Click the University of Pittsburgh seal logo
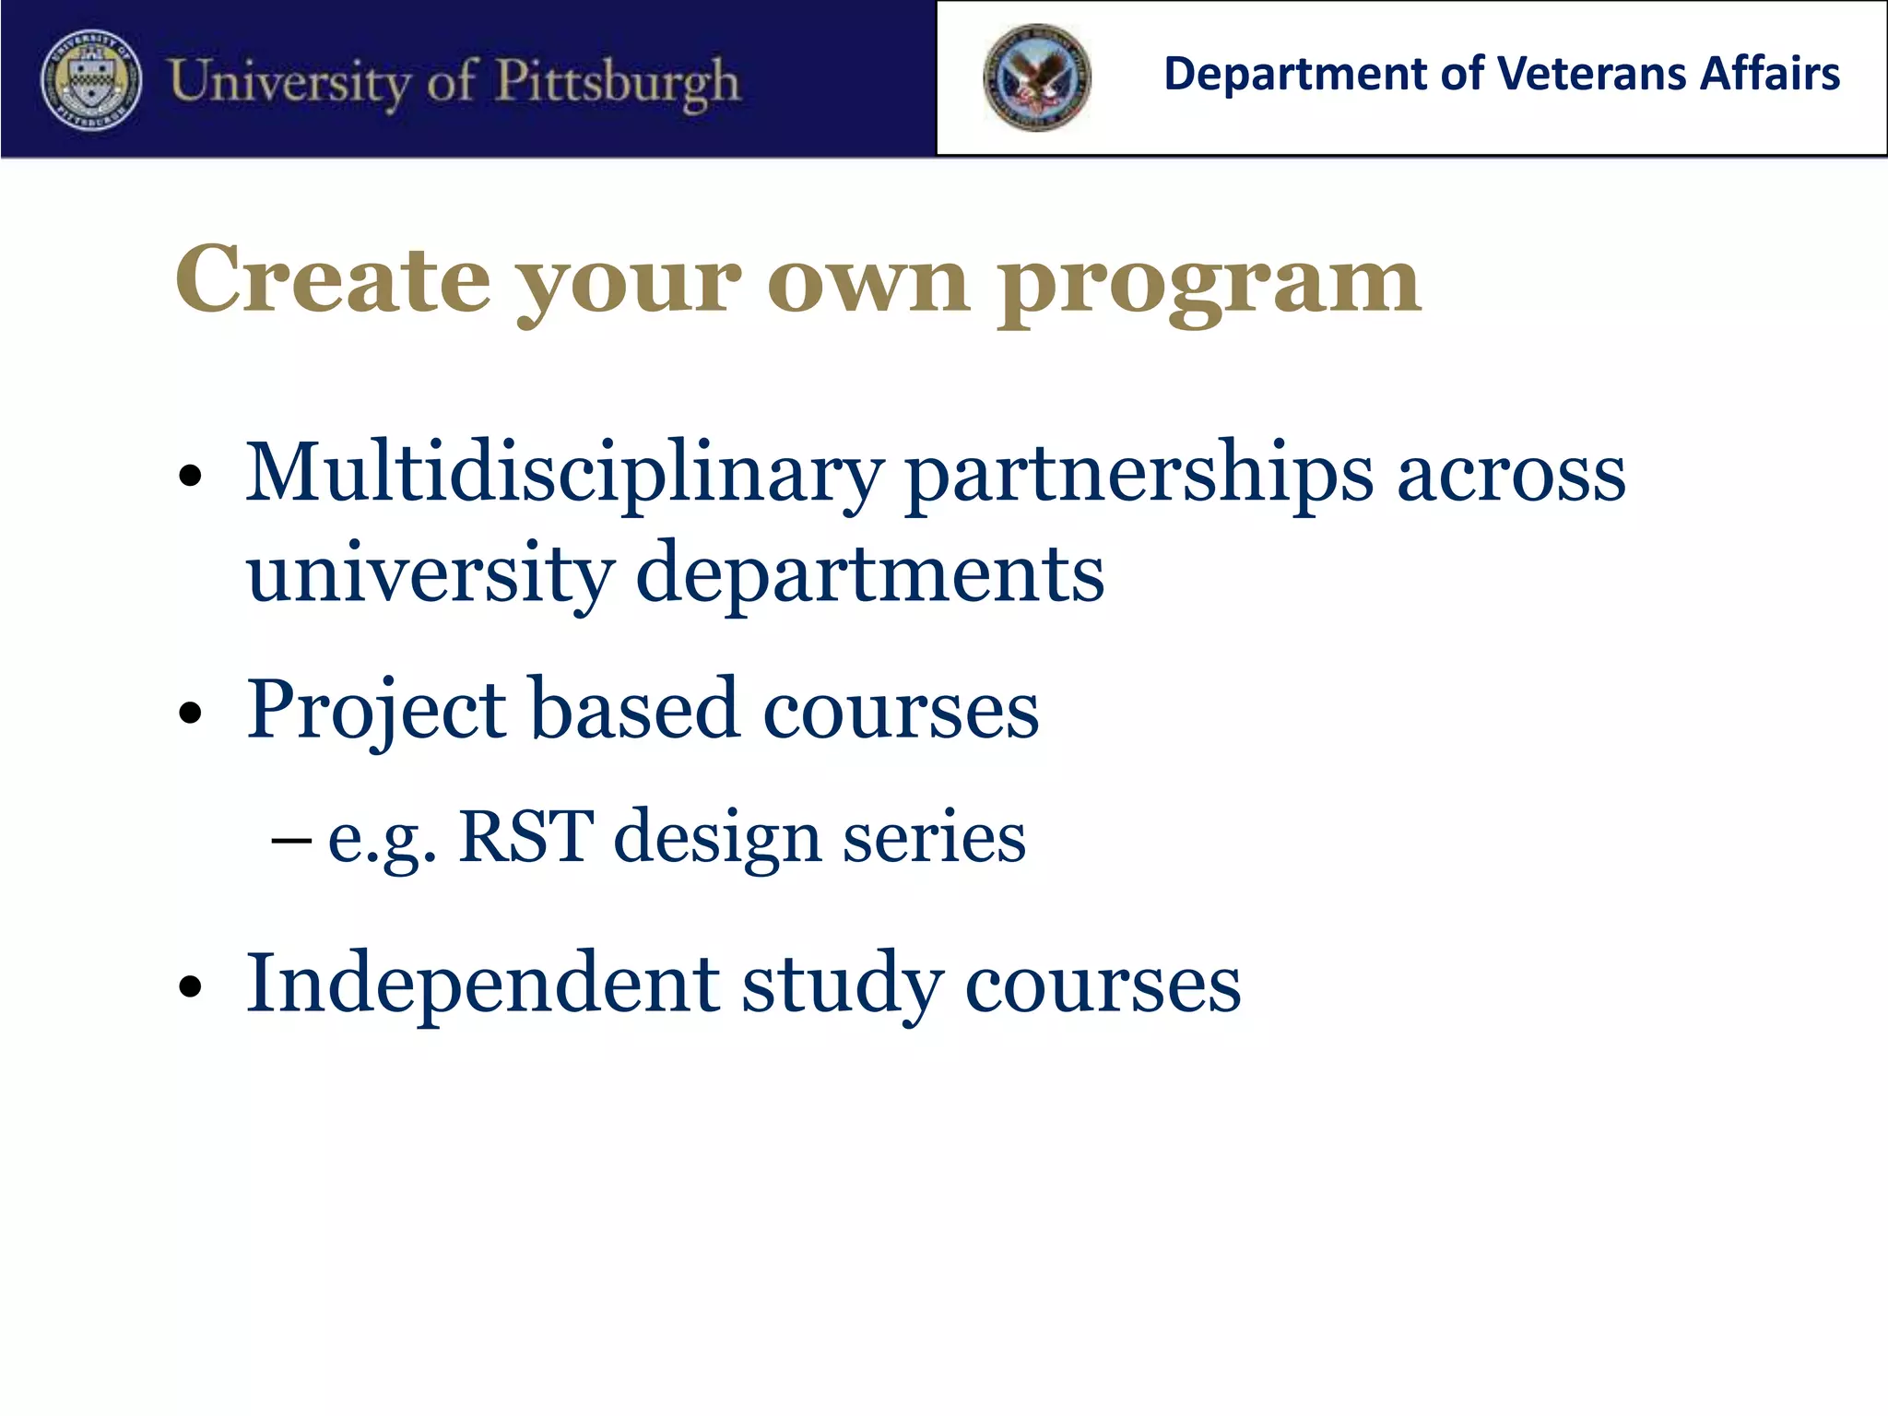point(91,80)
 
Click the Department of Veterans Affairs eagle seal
point(1037,77)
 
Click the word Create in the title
point(332,279)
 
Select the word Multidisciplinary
point(563,474)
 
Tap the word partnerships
point(1139,474)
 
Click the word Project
point(376,711)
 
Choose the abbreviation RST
point(525,836)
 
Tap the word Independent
point(482,984)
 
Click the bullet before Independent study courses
point(191,986)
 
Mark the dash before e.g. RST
point(291,841)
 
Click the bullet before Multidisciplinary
point(191,476)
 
